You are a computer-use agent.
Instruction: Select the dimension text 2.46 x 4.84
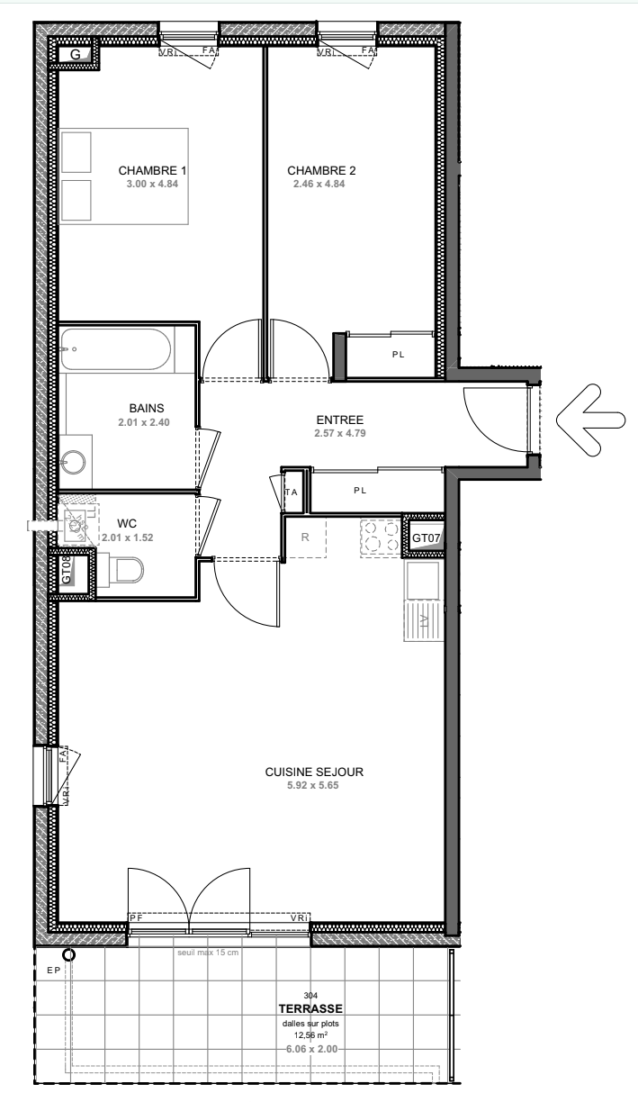click(x=319, y=184)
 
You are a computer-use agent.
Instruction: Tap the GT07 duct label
click(x=425, y=538)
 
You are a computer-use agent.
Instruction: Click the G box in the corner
click(x=76, y=55)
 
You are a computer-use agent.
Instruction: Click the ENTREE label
click(x=339, y=420)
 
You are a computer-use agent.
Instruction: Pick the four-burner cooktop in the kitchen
click(x=381, y=538)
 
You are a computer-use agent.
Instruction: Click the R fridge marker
click(x=305, y=537)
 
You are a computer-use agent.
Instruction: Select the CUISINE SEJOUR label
click(x=313, y=772)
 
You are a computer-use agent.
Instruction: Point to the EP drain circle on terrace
click(x=68, y=955)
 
